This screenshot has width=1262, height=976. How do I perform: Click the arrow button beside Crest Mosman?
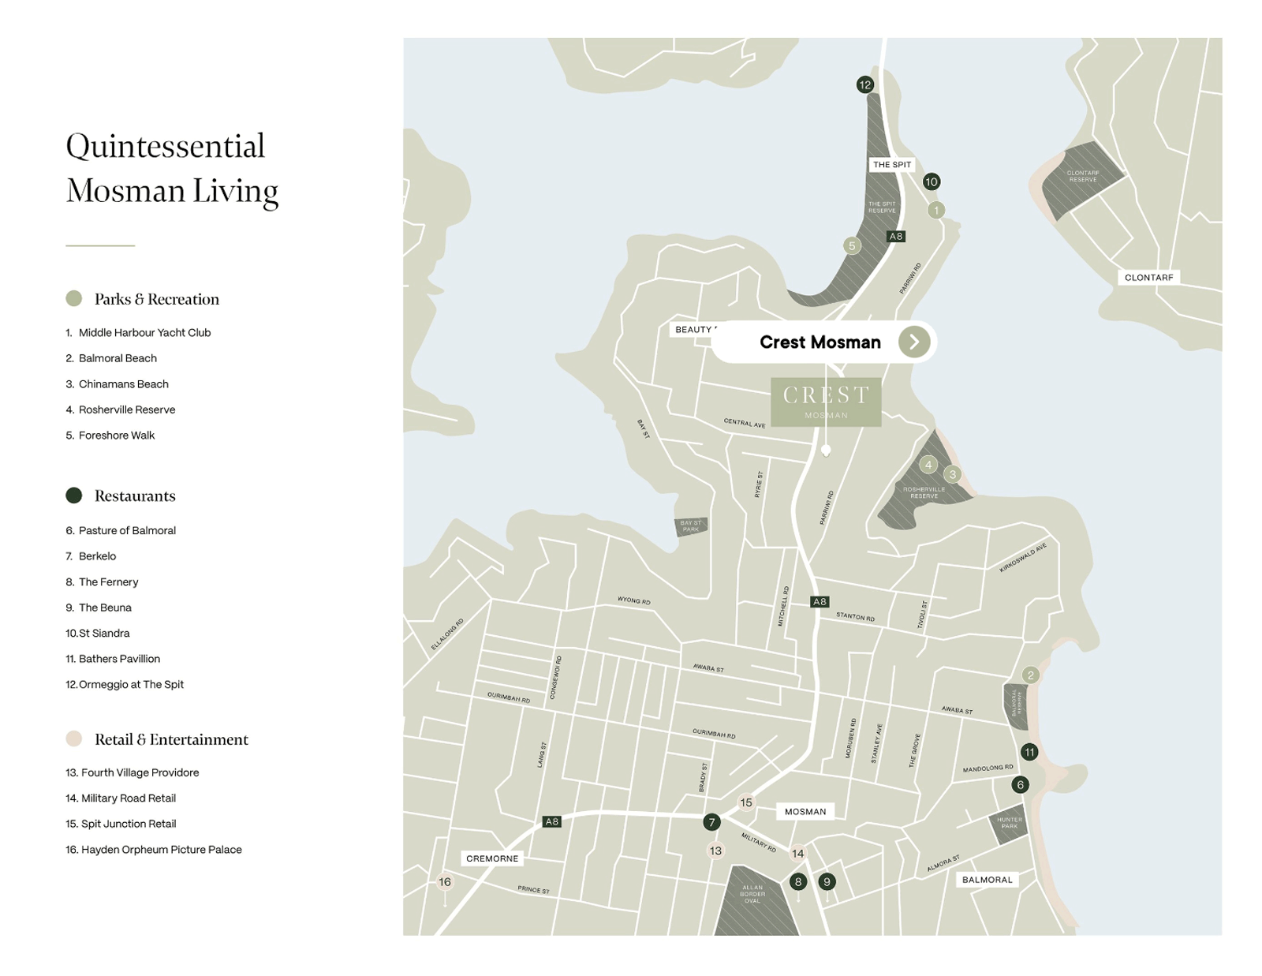[913, 342]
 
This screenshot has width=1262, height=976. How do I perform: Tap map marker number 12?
[865, 84]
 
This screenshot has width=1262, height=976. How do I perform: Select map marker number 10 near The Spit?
[931, 181]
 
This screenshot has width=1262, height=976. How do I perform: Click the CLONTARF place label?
[1148, 278]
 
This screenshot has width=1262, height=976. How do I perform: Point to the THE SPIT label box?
[892, 165]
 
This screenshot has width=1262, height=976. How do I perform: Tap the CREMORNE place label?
[492, 858]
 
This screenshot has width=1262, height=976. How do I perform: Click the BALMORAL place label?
[987, 880]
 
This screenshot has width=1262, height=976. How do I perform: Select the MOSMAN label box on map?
[805, 811]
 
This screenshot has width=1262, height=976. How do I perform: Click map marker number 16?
[445, 882]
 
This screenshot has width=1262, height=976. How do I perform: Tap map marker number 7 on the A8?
[711, 822]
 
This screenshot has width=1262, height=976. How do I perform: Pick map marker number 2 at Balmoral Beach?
[1030, 675]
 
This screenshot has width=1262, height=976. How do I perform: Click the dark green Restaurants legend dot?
[74, 495]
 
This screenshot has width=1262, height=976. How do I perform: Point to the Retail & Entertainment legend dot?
[74, 739]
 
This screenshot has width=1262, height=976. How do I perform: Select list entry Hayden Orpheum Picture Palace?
[161, 850]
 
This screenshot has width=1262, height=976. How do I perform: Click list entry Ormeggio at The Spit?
[131, 685]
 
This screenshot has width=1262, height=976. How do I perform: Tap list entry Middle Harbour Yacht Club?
[144, 333]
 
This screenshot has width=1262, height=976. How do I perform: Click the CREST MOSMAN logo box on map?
[826, 402]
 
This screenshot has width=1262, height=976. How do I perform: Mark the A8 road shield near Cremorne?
[552, 821]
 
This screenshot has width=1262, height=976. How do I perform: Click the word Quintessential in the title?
[166, 147]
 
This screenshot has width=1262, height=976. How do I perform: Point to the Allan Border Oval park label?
[752, 894]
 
